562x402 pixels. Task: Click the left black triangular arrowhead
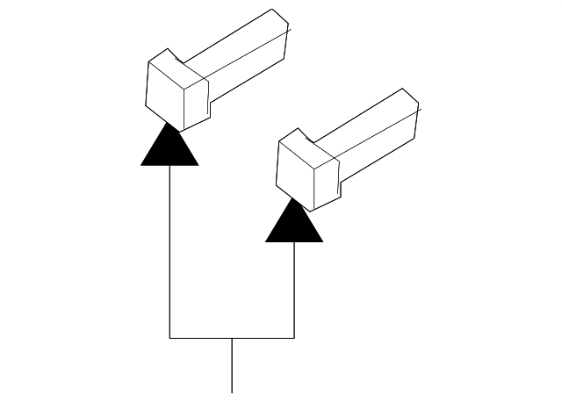169,149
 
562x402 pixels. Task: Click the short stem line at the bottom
232,365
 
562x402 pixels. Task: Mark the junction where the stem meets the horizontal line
232,337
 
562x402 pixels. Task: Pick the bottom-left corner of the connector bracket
169,337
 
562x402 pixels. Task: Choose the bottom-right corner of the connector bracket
294,337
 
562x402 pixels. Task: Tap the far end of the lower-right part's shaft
412,105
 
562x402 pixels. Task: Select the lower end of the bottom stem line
232,391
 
